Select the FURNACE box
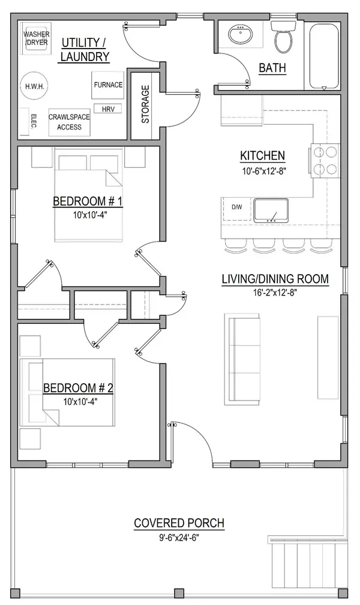click(108, 85)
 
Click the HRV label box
click(108, 109)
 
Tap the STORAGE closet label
click(145, 104)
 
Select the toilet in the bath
click(283, 37)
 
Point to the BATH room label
click(272, 68)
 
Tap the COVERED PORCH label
click(179, 523)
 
